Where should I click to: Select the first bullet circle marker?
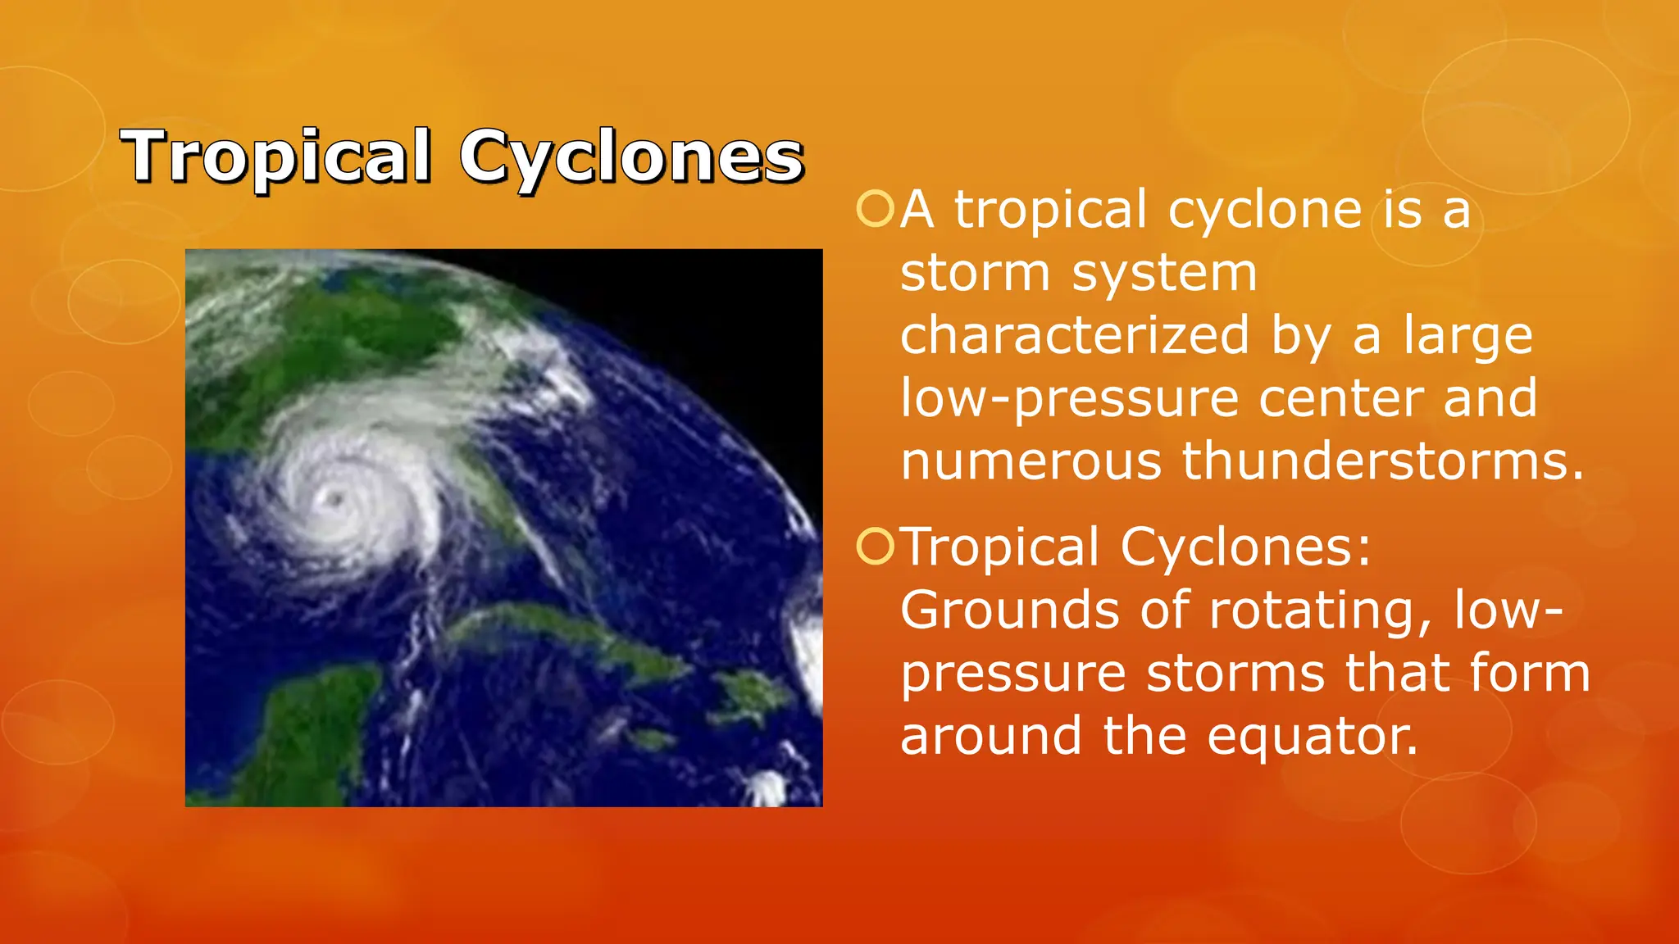pyautogui.click(x=875, y=209)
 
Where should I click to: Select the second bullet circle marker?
pyautogui.click(x=875, y=547)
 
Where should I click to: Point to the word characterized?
pyautogui.click(x=1075, y=335)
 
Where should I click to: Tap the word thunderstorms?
pyautogui.click(x=1382, y=461)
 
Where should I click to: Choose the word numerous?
pyautogui.click(x=1031, y=461)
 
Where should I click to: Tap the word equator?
pyautogui.click(x=1312, y=737)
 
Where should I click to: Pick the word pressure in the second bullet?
pyautogui.click(x=1013, y=674)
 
